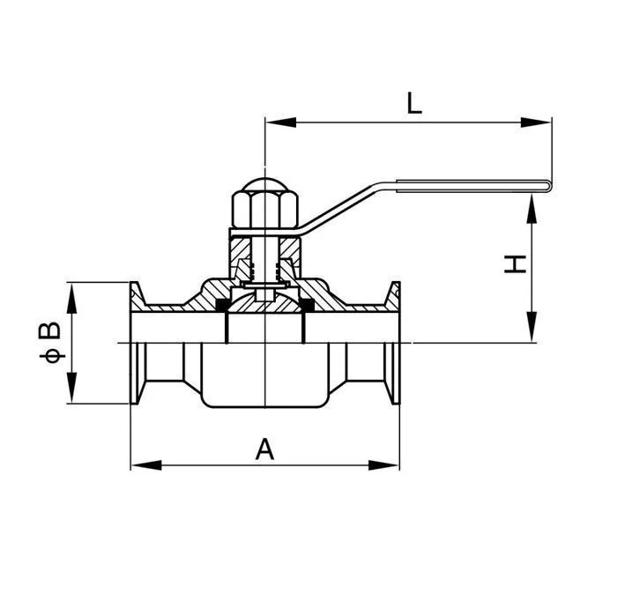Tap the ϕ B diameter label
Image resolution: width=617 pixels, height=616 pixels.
52,343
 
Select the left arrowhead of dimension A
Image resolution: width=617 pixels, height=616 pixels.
142,464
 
